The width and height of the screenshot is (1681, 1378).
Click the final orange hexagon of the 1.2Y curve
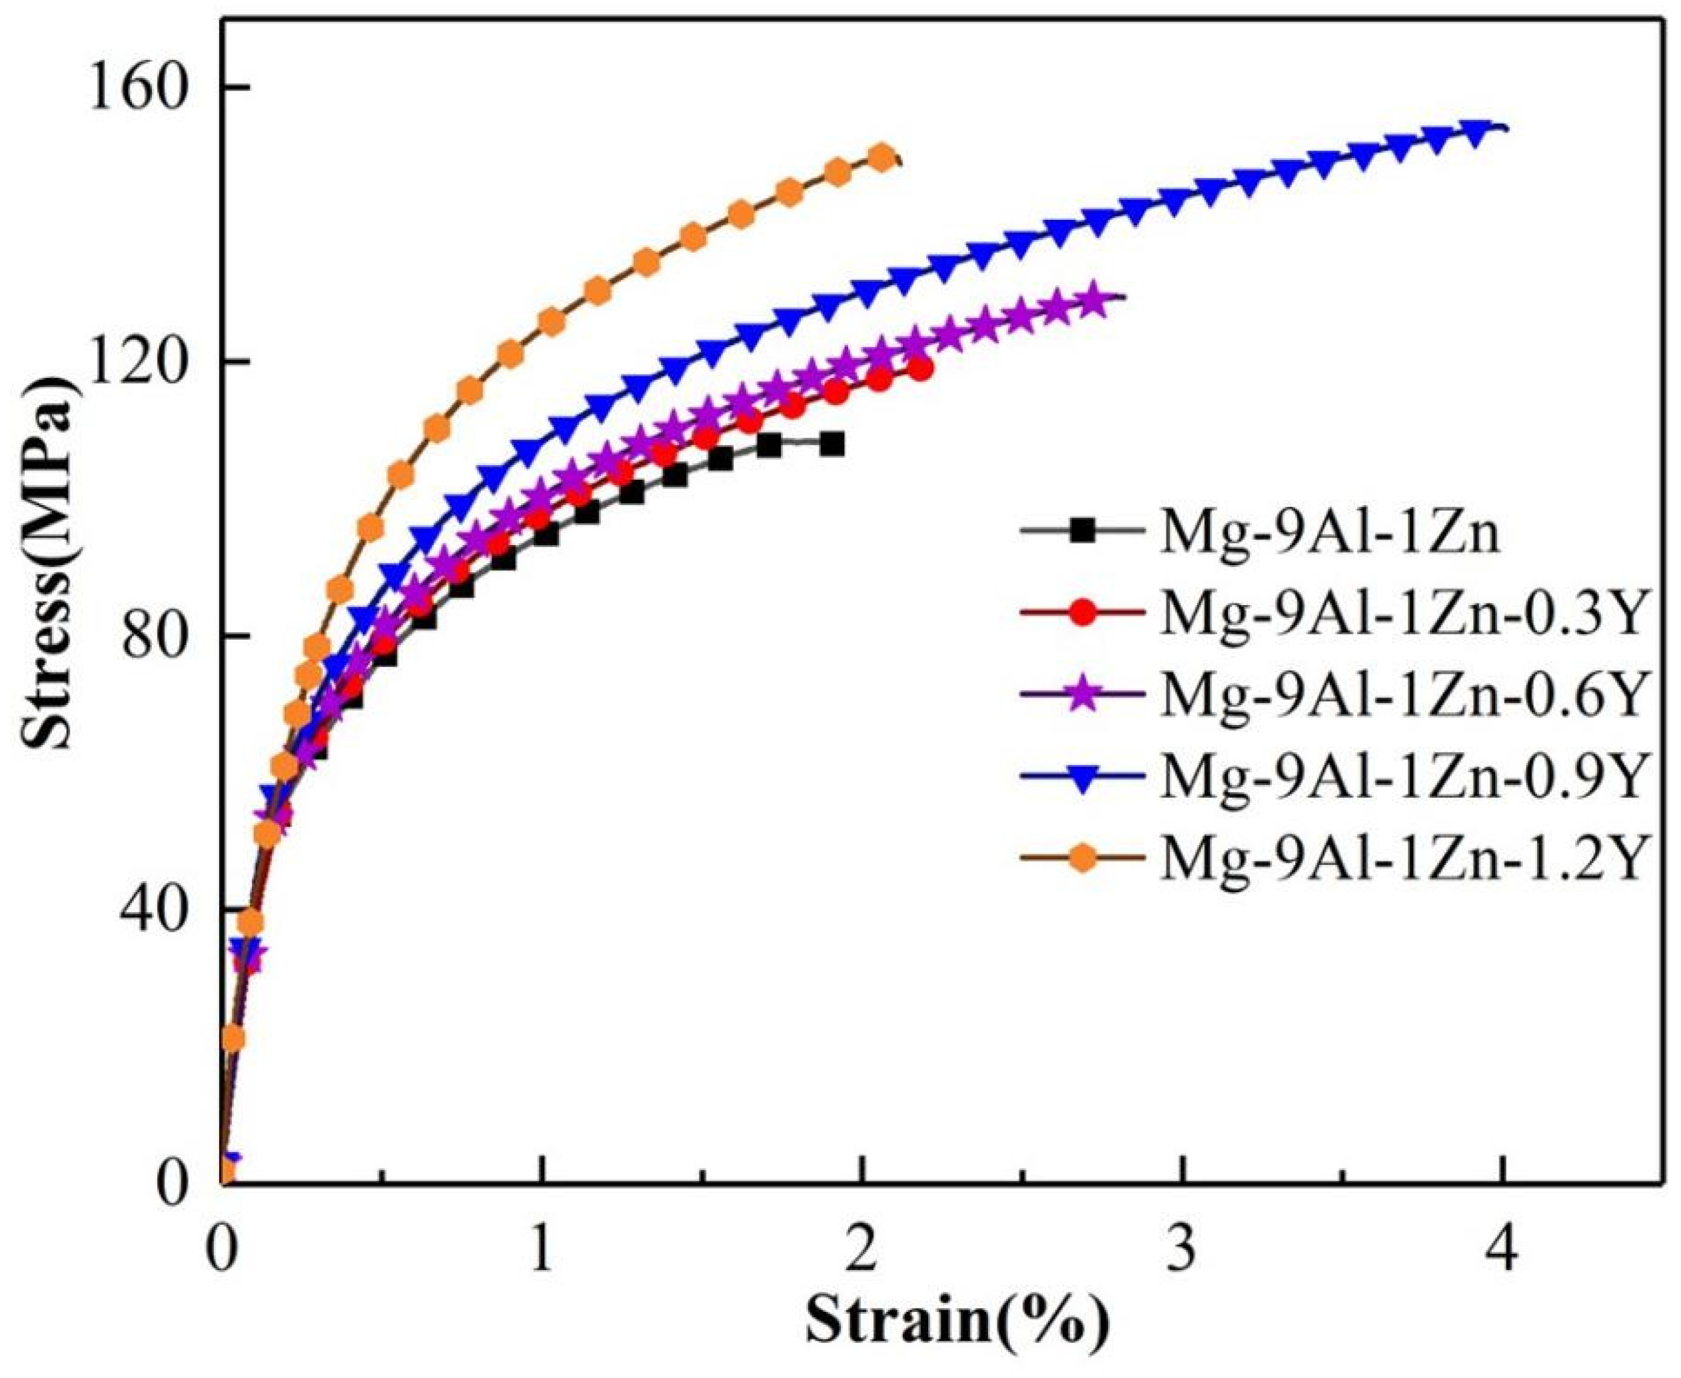(x=881, y=158)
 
